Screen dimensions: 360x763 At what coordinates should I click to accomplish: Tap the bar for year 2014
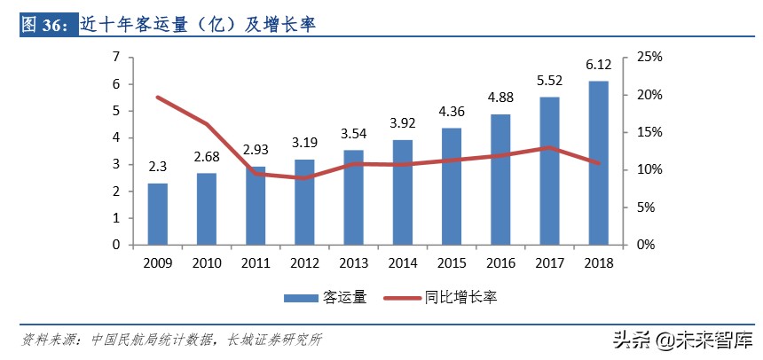click(x=402, y=192)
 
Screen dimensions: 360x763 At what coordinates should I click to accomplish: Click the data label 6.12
click(x=598, y=67)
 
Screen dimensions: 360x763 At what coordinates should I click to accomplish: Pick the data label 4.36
click(x=452, y=113)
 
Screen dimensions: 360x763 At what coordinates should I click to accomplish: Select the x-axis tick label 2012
click(x=304, y=262)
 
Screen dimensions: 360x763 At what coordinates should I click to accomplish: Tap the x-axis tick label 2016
click(x=500, y=262)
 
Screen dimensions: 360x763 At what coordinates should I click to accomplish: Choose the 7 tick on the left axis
click(x=115, y=58)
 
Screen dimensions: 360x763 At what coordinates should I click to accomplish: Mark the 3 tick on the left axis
click(x=115, y=165)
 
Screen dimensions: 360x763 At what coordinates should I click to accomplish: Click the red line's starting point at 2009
click(x=157, y=98)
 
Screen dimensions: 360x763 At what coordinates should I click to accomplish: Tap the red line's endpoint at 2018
click(x=598, y=163)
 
